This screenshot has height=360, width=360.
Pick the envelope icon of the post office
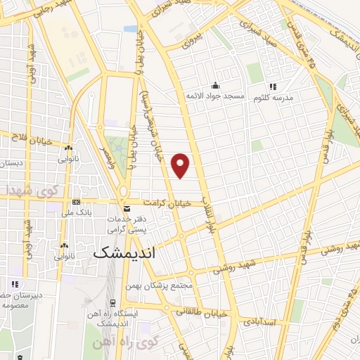click(x=127, y=209)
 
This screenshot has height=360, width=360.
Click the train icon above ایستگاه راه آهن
click(x=112, y=304)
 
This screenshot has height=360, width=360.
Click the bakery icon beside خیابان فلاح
click(x=69, y=148)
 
